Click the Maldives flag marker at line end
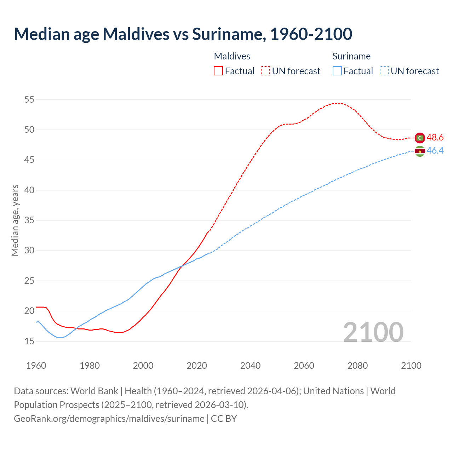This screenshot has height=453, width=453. [x=420, y=138]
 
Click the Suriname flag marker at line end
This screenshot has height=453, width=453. [x=420, y=151]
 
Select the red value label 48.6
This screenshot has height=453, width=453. [x=435, y=138]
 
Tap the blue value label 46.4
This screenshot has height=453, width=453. [x=435, y=151]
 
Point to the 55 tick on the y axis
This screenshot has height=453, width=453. [x=29, y=100]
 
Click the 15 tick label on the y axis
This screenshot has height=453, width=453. [x=29, y=342]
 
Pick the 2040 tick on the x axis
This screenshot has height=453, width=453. [x=250, y=366]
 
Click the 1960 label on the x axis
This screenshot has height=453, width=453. [x=36, y=366]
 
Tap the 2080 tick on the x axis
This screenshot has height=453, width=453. [x=357, y=366]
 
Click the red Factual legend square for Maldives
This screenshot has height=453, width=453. [x=218, y=71]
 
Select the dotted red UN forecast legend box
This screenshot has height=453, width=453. [x=265, y=71]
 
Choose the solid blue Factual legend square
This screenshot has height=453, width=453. [x=337, y=71]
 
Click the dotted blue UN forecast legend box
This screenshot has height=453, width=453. [x=384, y=71]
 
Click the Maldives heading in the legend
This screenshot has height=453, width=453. [x=232, y=56]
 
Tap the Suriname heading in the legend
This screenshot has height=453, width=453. [x=351, y=56]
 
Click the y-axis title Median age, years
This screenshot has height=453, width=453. [x=15, y=220]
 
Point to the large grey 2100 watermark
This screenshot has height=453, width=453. [x=373, y=332]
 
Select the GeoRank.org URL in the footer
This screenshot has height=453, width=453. [x=109, y=419]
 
